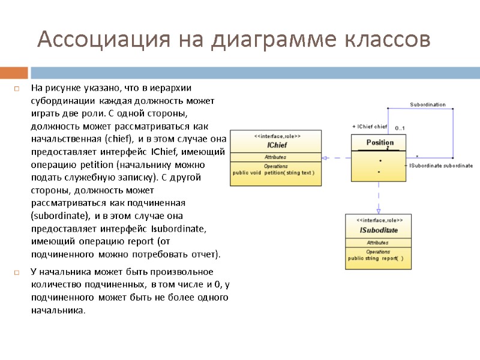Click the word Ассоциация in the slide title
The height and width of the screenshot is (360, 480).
click(x=104, y=40)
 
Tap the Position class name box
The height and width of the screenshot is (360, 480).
click(x=380, y=143)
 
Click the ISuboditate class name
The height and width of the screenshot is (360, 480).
click(x=379, y=230)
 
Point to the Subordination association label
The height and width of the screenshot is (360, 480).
click(x=428, y=104)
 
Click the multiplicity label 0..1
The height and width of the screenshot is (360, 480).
click(x=400, y=128)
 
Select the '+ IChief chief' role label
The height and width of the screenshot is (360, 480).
click(x=370, y=127)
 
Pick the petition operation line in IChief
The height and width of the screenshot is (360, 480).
click(x=274, y=173)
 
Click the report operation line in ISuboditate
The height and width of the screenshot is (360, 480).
click(x=376, y=259)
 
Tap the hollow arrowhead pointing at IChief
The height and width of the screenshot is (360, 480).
click(x=325, y=158)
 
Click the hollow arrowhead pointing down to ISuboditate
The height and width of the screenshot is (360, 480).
click(x=379, y=210)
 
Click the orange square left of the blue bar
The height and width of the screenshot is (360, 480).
click(x=14, y=73)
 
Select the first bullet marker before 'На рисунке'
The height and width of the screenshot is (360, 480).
click(x=17, y=89)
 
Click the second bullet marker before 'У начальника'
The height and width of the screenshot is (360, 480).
click(x=17, y=272)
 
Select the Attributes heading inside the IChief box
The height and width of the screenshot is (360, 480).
click(x=275, y=157)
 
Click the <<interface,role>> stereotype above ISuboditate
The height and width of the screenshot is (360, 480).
click(x=379, y=220)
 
